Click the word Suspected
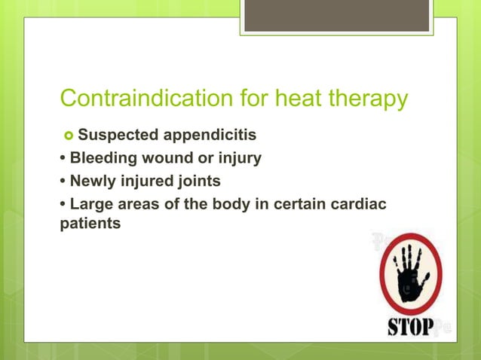(116, 136)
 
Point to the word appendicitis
(207, 136)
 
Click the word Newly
(94, 182)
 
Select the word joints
(198, 182)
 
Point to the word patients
(90, 224)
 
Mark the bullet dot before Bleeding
(63, 160)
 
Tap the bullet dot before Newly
(63, 182)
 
